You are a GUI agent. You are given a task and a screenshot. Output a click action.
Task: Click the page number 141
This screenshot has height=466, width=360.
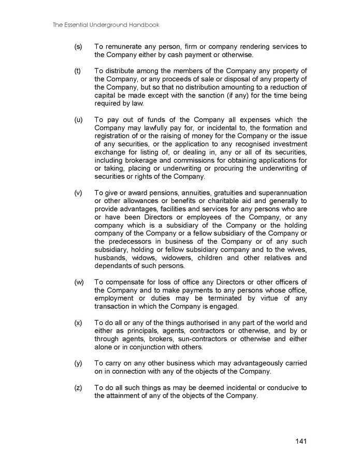[301, 442]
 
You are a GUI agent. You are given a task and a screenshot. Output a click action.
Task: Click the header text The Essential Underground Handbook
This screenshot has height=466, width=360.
[106, 24]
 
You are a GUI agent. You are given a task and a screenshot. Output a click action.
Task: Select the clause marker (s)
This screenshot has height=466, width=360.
[78, 47]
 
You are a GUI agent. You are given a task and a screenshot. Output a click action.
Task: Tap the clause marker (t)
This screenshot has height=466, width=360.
[78, 71]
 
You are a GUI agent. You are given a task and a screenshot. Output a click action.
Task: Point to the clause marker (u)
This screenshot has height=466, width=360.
[78, 120]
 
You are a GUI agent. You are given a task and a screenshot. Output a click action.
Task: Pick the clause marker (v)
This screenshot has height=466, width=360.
[78, 193]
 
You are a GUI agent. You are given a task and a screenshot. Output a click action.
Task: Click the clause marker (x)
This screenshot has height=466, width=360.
[78, 322]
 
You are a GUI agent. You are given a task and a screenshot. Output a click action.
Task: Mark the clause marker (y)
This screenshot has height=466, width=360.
[78, 363]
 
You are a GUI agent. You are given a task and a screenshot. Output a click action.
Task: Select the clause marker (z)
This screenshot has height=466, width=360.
[78, 388]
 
